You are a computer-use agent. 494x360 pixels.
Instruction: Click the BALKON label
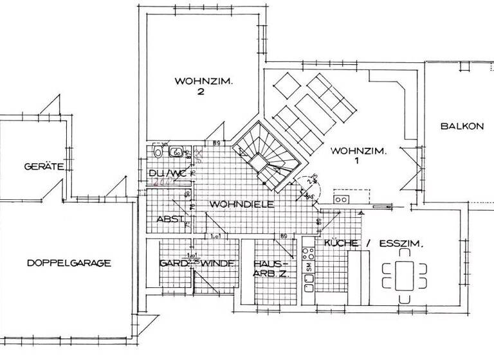[x=461, y=126]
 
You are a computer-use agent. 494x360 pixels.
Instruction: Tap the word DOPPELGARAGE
[x=69, y=263]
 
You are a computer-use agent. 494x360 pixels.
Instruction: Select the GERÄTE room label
[x=43, y=166]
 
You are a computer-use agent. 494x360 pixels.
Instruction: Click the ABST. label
[x=170, y=219]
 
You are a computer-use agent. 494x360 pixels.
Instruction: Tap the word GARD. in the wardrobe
[x=172, y=264]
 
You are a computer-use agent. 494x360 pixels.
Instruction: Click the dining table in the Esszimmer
[x=404, y=276]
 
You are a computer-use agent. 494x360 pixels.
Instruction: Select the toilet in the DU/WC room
[x=158, y=152]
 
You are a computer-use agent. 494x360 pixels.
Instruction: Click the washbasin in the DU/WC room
[x=175, y=152]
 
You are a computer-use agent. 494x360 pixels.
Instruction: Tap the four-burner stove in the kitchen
[x=340, y=199]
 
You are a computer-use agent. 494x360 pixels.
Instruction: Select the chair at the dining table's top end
[x=404, y=253]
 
